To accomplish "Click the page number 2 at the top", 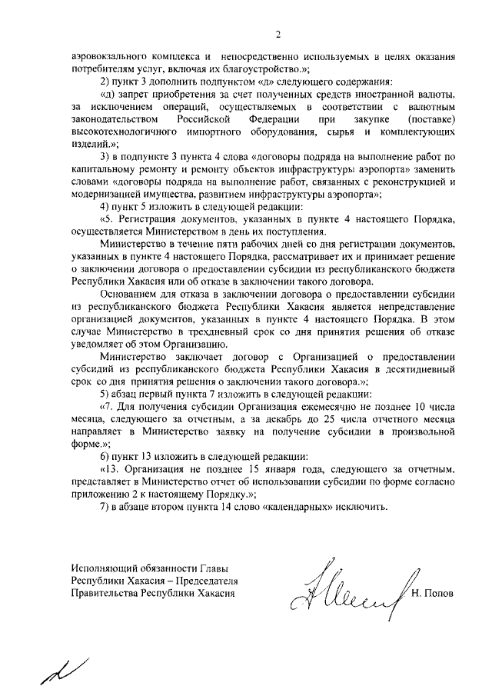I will tap(278, 34).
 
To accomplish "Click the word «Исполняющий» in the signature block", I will tap(104, 570).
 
